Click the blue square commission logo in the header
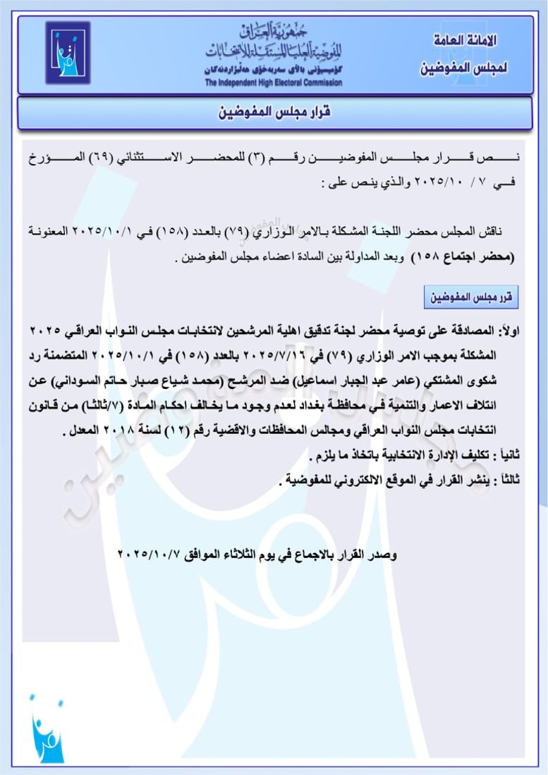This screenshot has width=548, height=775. tap(68, 53)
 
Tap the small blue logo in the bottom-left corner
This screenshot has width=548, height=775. tap(47, 726)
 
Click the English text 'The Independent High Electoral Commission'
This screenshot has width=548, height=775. tap(274, 83)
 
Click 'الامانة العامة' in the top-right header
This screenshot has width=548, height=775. tap(463, 41)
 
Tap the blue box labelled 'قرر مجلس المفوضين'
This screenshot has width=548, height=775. tap(470, 297)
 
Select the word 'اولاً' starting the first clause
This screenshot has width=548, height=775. tap(509, 331)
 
